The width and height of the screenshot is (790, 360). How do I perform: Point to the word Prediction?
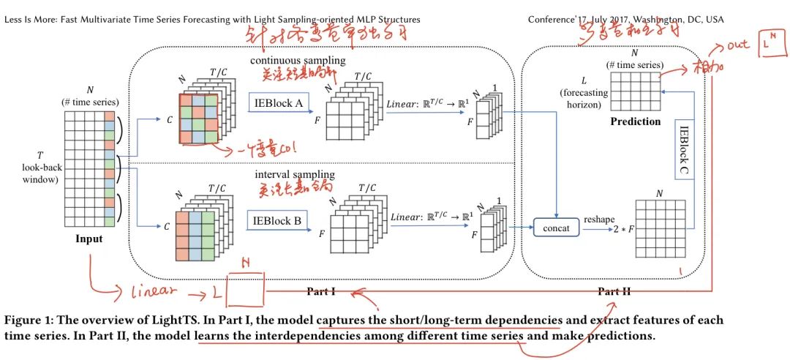[634, 121]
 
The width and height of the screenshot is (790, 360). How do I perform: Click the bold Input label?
[88, 239]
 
